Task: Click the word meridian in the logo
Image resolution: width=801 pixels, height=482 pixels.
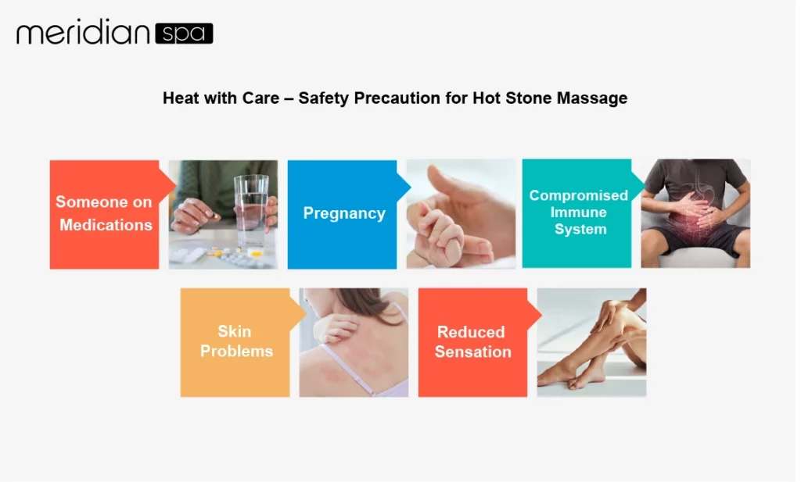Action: tap(83, 34)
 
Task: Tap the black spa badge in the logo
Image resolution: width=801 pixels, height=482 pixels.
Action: tap(184, 34)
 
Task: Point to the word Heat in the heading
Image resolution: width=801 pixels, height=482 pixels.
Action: tap(180, 98)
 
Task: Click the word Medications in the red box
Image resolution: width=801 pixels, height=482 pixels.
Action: tap(106, 225)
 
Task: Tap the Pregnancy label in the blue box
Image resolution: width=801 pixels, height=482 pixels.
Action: tap(344, 213)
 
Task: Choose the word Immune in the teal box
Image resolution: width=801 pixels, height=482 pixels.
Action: tap(578, 212)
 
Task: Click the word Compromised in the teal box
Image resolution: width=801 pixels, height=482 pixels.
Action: tap(578, 195)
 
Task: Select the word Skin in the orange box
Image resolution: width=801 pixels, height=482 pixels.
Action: tap(235, 331)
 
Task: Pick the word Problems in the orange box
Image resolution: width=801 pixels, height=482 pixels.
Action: tap(236, 351)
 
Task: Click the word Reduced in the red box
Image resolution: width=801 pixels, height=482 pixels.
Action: tap(471, 332)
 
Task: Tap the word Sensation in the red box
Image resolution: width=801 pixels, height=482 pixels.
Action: tap(472, 352)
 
